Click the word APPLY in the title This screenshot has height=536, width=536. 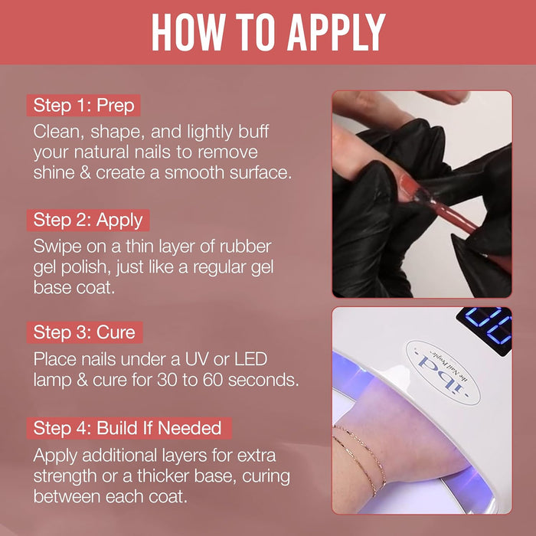coord(336,32)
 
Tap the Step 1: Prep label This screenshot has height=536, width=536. coord(83,106)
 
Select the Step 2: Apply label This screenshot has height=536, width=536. coord(88,221)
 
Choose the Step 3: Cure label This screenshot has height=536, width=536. coord(84,332)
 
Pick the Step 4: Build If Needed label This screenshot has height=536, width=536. coord(129,428)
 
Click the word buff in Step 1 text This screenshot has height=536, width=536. coord(253,132)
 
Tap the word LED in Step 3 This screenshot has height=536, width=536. coord(250,360)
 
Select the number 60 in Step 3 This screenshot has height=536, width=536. coord(213,380)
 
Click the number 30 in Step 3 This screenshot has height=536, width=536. coord(167,380)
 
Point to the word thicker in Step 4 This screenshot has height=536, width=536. coord(162,476)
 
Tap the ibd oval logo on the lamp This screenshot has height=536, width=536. coord(443,373)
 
